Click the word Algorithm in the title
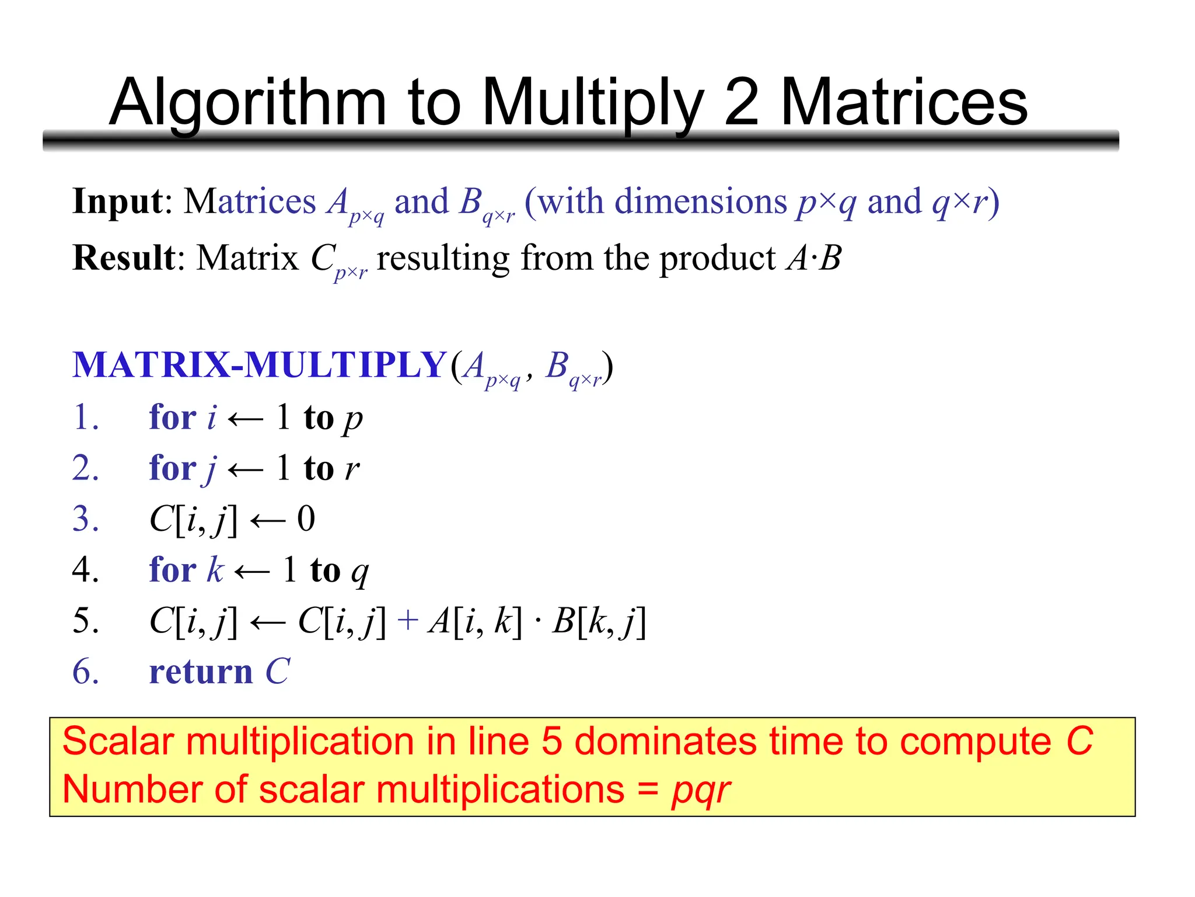[247, 103]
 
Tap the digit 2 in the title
[741, 103]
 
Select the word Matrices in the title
[904, 103]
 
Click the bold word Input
[117, 201]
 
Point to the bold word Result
[123, 258]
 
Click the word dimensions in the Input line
[701, 201]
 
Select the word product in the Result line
[717, 258]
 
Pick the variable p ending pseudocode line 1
[353, 419]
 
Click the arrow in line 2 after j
[245, 469]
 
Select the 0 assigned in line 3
[306, 519]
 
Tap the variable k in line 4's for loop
[215, 569]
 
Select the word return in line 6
[201, 672]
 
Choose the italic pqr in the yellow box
[700, 791]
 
